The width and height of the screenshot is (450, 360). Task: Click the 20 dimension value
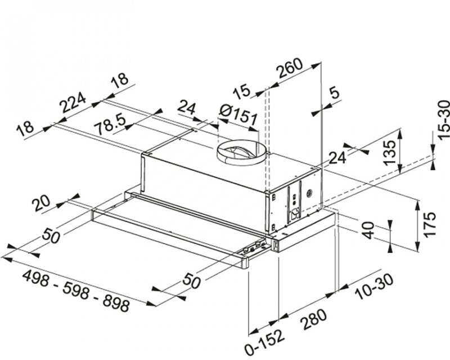click(x=43, y=204)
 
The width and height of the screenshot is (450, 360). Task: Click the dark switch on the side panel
click(x=292, y=215)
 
